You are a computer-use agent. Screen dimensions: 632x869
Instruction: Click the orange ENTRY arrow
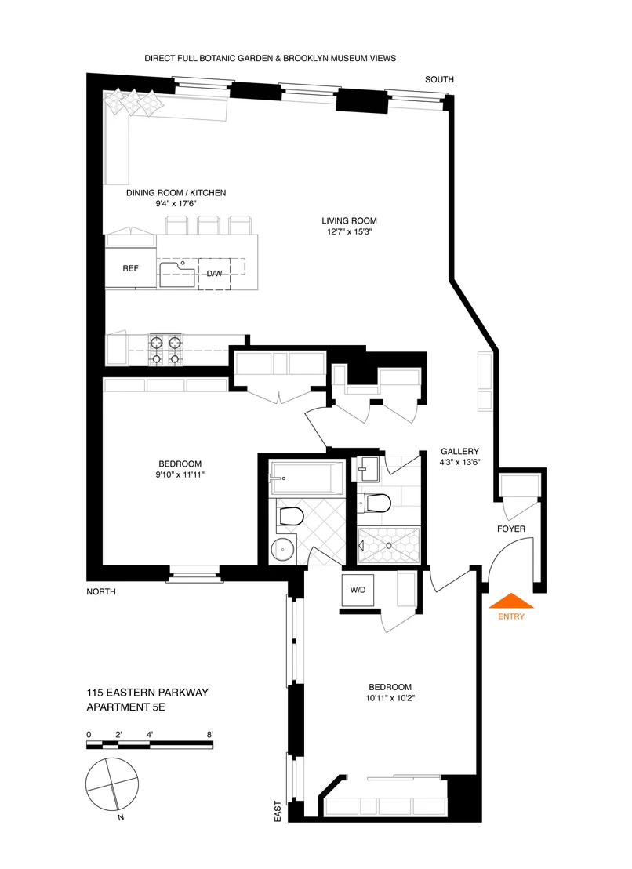(511, 601)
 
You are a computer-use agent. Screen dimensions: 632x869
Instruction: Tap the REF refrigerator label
(131, 268)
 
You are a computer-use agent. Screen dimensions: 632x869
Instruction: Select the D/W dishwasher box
(214, 274)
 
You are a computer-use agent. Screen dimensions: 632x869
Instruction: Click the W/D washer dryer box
(358, 590)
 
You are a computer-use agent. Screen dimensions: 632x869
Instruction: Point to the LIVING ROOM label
(349, 220)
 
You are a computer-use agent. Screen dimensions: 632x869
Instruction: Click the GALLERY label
(459, 451)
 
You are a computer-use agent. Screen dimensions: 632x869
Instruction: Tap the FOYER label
(510, 529)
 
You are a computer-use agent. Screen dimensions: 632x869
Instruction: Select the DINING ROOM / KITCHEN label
(176, 193)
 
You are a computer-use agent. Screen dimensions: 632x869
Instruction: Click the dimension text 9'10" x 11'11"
(180, 474)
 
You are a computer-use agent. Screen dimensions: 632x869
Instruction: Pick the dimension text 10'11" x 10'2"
(390, 698)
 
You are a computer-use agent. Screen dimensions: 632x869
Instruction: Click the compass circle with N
(112, 784)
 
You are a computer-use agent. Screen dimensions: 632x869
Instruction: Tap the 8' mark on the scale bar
(209, 735)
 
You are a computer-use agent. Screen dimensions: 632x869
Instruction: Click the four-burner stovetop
(165, 351)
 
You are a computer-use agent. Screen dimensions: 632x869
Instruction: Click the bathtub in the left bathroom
(307, 478)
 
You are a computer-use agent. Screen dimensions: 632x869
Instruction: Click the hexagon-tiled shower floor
(389, 546)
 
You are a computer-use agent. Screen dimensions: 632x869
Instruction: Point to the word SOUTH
(439, 79)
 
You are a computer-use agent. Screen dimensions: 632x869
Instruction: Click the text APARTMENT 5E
(125, 707)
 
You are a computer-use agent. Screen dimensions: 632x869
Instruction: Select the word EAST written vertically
(278, 811)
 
